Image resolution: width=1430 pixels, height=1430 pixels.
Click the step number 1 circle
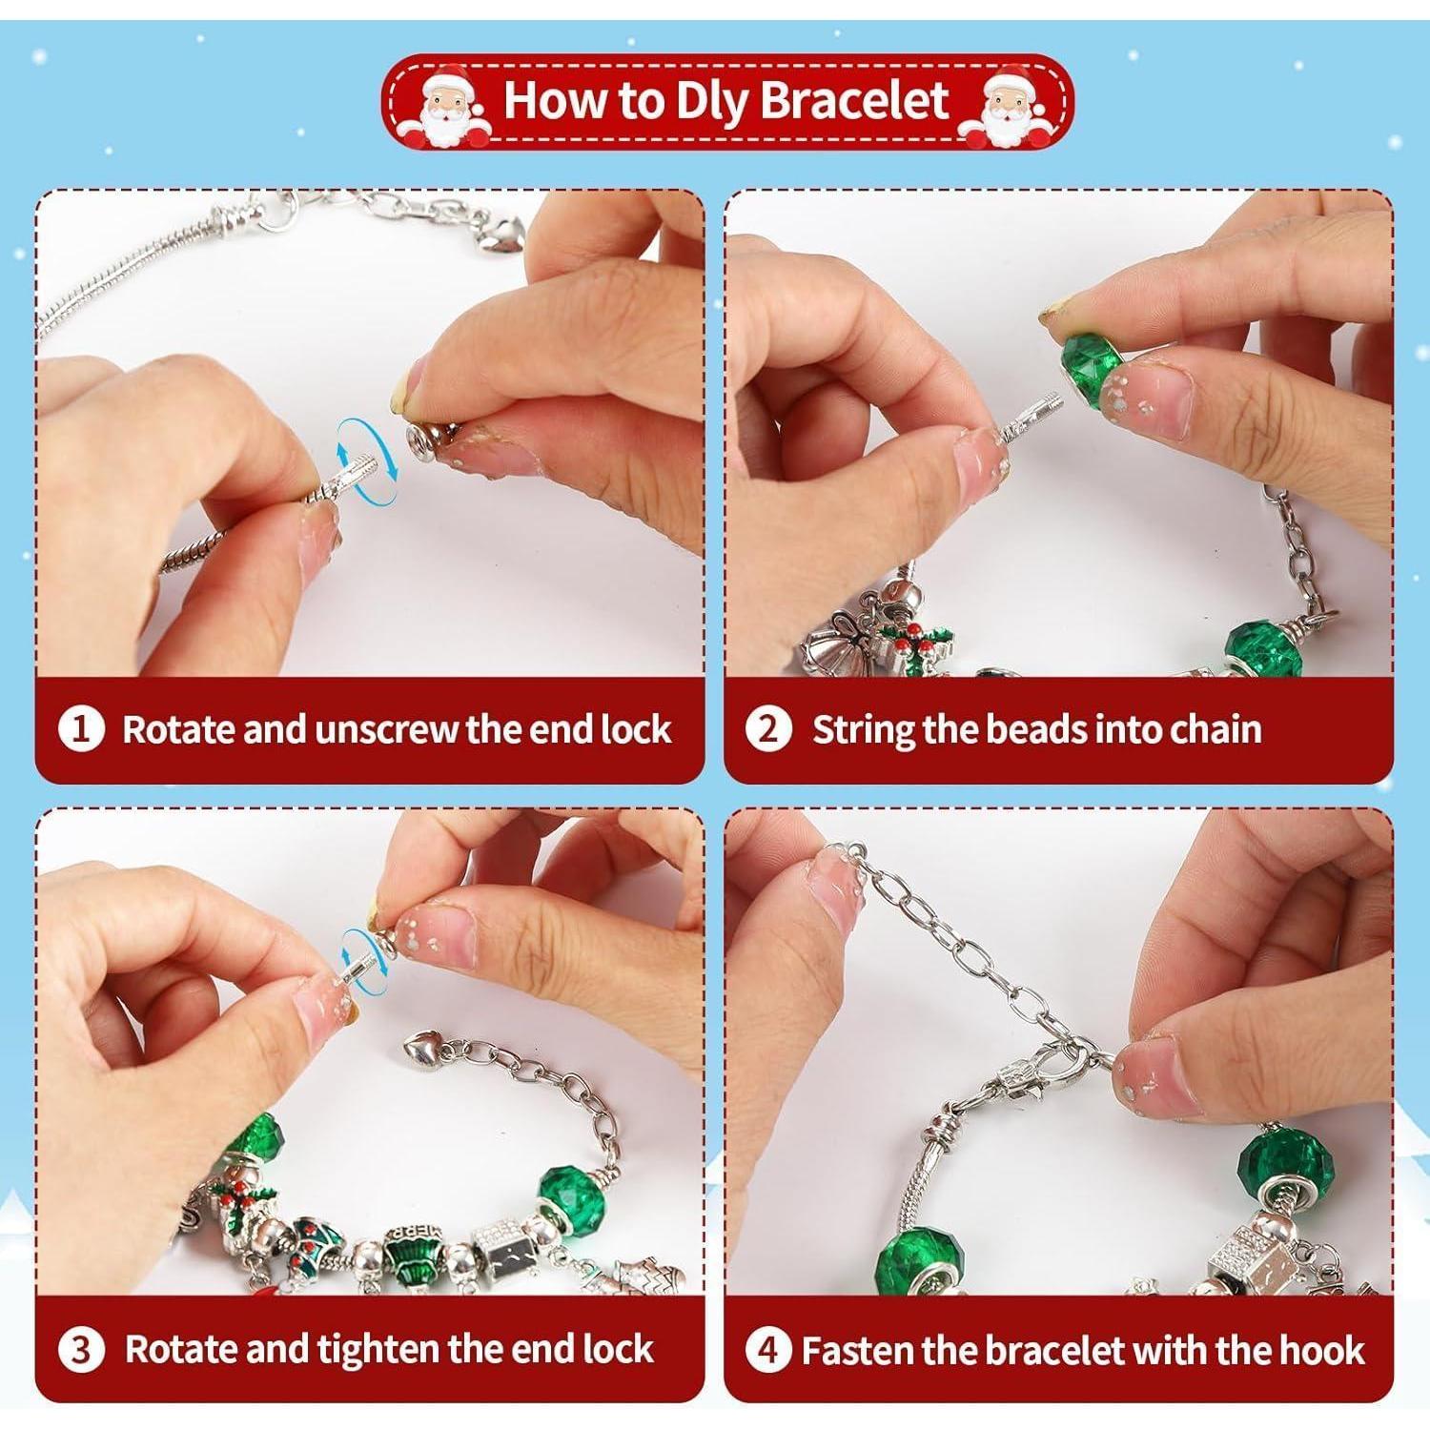81,730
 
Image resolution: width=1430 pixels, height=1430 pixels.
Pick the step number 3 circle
81,1351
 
